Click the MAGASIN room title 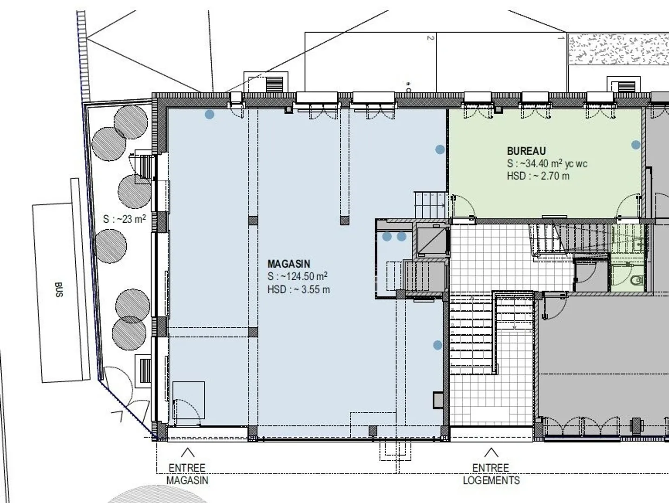(x=289, y=264)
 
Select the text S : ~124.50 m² (x=297, y=277)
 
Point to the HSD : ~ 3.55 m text (x=298, y=290)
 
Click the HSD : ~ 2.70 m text (x=538, y=176)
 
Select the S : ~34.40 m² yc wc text (x=547, y=164)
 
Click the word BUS (x=59, y=290)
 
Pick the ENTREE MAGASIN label (x=187, y=474)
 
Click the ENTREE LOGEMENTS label (x=491, y=474)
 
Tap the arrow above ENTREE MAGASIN (x=188, y=452)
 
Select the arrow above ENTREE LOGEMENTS (x=491, y=452)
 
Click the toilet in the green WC (x=638, y=280)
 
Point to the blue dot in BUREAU (x=636, y=145)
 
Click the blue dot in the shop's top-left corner (x=210, y=114)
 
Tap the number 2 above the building (x=430, y=38)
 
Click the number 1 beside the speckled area (x=561, y=38)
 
